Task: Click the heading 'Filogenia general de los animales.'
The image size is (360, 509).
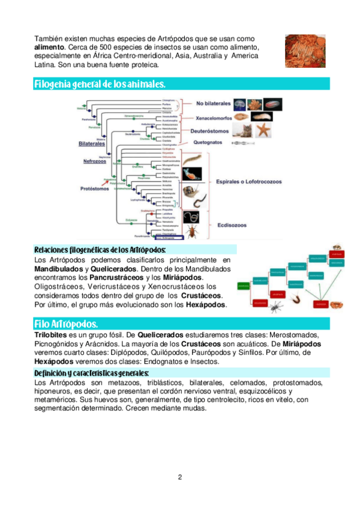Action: click(100, 84)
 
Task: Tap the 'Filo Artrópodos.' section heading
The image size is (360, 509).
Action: click(66, 324)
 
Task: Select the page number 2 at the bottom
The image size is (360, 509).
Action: click(179, 478)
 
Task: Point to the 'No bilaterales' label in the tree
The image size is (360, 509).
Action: click(213, 103)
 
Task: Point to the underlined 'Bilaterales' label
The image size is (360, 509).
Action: click(92, 144)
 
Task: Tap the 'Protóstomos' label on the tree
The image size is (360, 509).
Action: click(95, 188)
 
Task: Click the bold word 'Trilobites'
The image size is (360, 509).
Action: click(49, 335)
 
